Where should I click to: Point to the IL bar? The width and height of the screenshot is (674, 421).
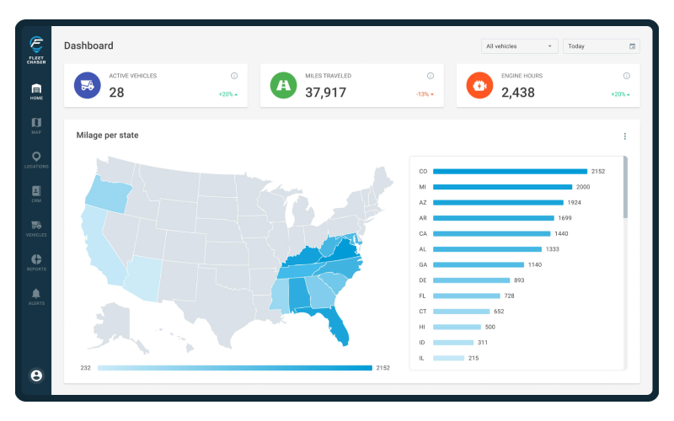448,358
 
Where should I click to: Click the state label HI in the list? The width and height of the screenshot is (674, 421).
422,327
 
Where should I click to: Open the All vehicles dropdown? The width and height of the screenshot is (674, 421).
519,46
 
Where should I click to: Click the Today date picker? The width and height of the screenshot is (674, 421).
601,46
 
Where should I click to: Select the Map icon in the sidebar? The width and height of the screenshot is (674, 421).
36,124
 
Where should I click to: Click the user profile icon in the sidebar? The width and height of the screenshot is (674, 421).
36,376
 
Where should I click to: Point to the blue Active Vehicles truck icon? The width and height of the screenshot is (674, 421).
87,85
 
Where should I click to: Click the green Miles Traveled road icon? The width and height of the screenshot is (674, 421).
283,85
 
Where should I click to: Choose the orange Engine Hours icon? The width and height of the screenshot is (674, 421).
479,85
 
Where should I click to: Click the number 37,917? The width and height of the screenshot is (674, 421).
325,93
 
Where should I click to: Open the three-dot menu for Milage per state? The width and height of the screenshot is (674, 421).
624,136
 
